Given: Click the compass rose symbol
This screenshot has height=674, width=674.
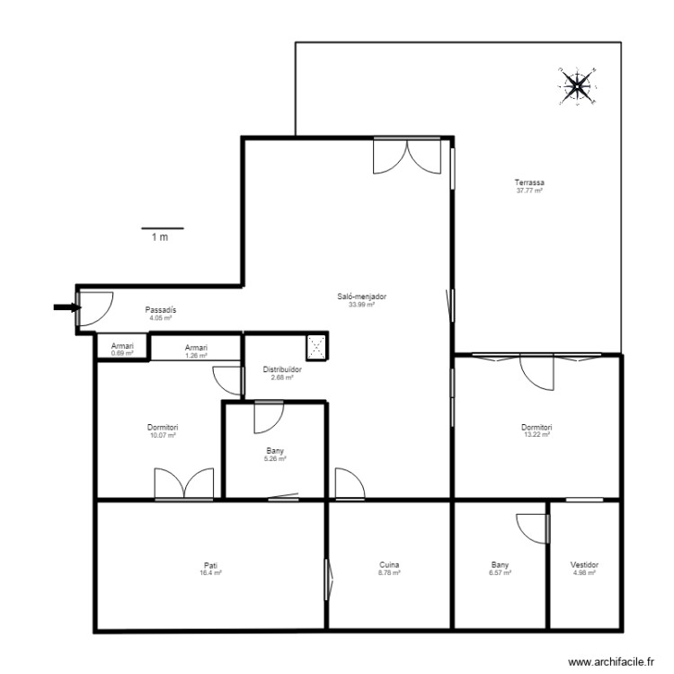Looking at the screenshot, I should [576, 85].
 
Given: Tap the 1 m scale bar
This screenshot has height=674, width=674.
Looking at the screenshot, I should [162, 229].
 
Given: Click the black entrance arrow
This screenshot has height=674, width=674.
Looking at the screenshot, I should [66, 307].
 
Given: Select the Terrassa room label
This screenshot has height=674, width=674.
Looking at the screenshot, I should [530, 183].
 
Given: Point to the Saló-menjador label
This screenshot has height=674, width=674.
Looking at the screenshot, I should [361, 297].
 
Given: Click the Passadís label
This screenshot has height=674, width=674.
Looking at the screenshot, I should [161, 310].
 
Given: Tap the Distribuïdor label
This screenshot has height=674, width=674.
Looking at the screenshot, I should [282, 369].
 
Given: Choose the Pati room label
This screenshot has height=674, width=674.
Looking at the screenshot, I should [210, 565].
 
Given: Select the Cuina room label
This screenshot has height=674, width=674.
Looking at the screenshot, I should [389, 565].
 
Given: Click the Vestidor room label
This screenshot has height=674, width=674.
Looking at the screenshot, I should [584, 565].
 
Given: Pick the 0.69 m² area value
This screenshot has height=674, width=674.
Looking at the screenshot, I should [121, 353].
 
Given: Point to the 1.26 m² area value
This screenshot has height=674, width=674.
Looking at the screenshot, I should [196, 354].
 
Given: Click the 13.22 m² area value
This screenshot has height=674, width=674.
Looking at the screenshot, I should [537, 434].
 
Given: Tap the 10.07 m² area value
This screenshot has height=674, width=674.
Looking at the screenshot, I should [163, 434].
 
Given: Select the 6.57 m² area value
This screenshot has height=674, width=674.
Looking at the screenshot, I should [501, 572].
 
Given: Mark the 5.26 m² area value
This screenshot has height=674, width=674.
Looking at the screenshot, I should [275, 458].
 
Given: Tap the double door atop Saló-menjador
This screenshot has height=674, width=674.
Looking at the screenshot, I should [407, 155].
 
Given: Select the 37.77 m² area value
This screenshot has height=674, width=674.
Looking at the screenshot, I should [530, 191].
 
